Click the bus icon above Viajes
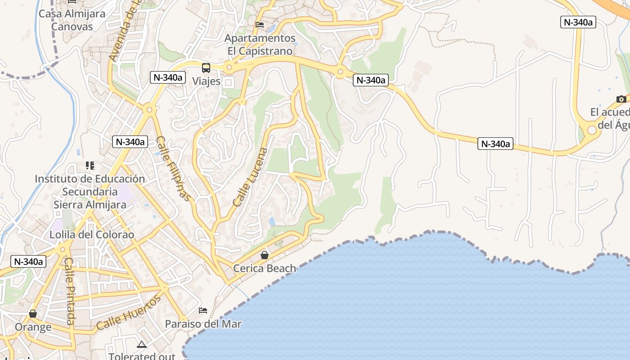[206, 68]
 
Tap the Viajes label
[207, 81]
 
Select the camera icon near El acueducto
[621, 99]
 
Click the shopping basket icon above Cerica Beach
[265, 255]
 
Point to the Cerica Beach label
[265, 269]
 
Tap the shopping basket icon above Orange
[33, 314]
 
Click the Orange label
[33, 327]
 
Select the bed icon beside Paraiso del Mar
[203, 310]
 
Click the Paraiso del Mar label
[203, 324]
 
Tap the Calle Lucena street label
[250, 177]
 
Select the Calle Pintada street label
[70, 291]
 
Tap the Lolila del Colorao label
[92, 234]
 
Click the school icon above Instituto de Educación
[90, 166]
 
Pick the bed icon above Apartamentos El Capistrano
[260, 24]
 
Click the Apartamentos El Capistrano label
[260, 45]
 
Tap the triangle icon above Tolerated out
[142, 345]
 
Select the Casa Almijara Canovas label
[72, 20]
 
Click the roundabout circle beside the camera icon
[592, 130]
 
